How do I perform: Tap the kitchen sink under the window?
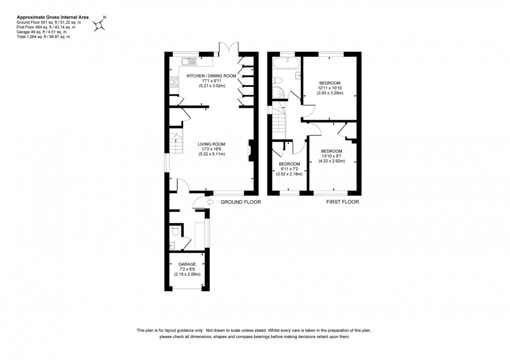pyautogui.click(x=189, y=61)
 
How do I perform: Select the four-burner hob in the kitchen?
pyautogui.click(x=172, y=82)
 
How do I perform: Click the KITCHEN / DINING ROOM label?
pyautogui.click(x=211, y=76)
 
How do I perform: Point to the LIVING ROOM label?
pyautogui.click(x=211, y=144)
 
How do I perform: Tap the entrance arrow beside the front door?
pyautogui.click(x=210, y=202)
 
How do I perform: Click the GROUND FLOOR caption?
pyautogui.click(x=240, y=202)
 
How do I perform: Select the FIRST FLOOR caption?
pyautogui.click(x=342, y=202)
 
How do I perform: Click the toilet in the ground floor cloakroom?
pyautogui.click(x=175, y=229)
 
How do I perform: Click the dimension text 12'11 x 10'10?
pyautogui.click(x=329, y=88)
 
